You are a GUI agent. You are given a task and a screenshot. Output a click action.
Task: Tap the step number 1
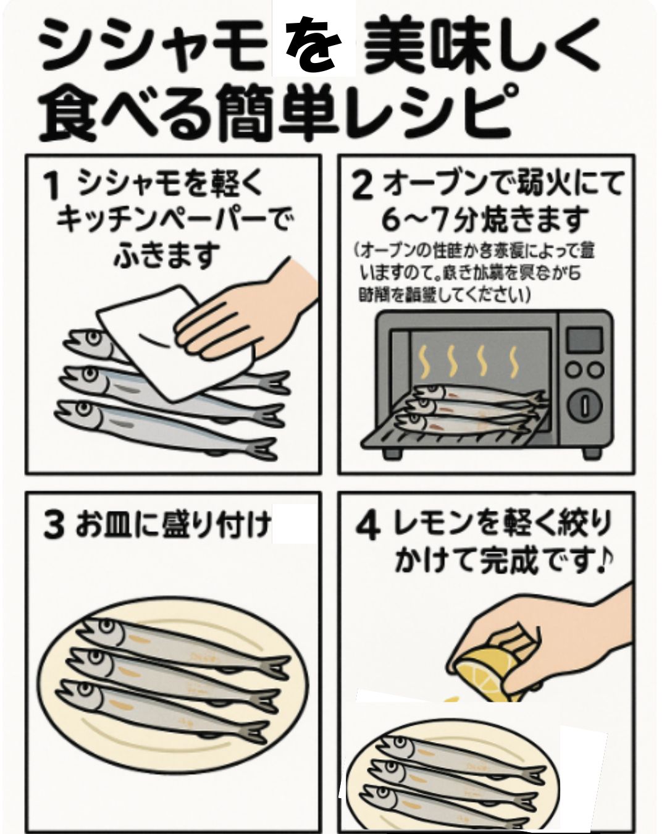53,185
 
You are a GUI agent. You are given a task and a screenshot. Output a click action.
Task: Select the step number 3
54,527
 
